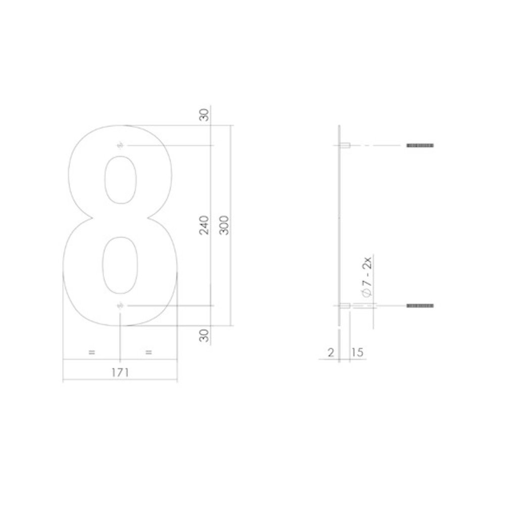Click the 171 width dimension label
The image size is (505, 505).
click(120, 372)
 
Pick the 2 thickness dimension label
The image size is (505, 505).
click(331, 352)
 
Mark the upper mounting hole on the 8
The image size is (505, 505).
click(120, 146)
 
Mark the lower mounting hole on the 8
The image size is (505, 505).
click(120, 306)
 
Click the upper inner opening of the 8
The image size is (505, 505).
click(120, 179)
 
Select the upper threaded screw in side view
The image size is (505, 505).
click(420, 145)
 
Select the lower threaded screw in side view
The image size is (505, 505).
click(420, 306)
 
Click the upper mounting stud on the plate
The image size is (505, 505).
click(345, 145)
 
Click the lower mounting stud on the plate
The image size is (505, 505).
click(345, 306)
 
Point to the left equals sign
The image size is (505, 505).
click(91, 352)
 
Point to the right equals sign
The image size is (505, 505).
click(148, 352)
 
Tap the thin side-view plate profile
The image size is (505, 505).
click(340, 227)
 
